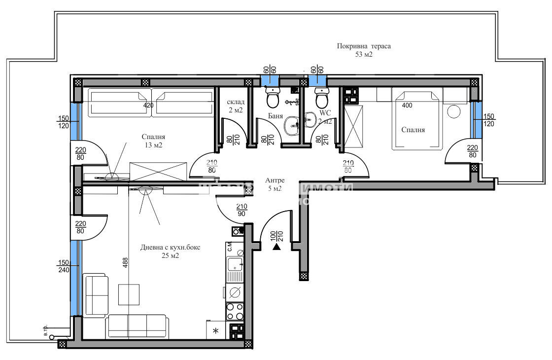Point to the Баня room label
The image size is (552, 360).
coord(275,116)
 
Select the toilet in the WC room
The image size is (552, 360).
coord(321,98)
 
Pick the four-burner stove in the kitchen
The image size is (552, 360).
coord(235,312)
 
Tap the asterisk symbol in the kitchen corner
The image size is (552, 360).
coord(215,331)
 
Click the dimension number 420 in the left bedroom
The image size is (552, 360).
coord(149,105)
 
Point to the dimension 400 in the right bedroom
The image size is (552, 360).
coord(407,105)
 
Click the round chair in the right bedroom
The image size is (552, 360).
coord(454,111)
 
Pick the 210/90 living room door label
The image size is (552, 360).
coord(242,210)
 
